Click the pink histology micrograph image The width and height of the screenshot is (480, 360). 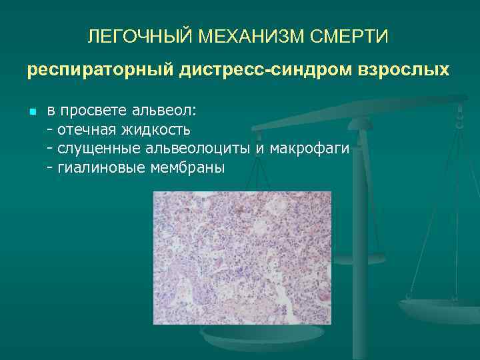[242, 257]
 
